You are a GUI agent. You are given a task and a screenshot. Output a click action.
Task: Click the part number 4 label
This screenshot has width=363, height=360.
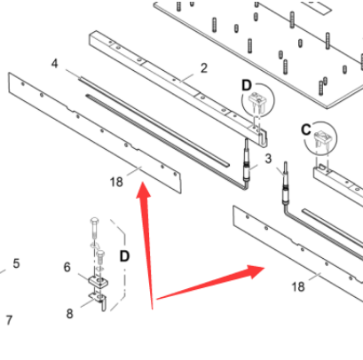coord(55,64)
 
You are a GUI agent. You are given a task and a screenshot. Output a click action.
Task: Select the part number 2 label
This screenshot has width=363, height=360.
coord(204,68)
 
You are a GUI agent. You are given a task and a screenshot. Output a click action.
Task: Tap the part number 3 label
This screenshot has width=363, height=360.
coord(268,159)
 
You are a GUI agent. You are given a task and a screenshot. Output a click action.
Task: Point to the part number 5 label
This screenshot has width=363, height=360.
coord(16,263)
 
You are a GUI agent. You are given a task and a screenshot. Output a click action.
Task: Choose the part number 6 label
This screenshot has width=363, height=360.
coord(67,267)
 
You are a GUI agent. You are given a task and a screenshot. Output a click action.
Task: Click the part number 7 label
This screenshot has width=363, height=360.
coord(9,320)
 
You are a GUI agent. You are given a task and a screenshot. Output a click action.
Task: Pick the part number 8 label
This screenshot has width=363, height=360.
coord(69,314)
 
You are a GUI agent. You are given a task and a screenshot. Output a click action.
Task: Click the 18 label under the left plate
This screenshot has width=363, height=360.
coord(116,182)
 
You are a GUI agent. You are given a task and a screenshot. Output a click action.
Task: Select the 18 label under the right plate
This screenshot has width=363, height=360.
coord(298,286)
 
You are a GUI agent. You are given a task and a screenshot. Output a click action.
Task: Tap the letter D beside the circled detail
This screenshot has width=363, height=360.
coord(247,86)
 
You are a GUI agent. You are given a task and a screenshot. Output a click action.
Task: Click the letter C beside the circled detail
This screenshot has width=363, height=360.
coord(306,129)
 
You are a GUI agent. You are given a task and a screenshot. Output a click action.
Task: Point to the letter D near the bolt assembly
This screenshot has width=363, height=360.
coord(124,256)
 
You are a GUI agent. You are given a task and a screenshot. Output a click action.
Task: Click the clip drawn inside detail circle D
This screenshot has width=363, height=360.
coord(258,101)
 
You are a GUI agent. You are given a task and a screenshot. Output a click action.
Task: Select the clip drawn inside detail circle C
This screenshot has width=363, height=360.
coord(322,139)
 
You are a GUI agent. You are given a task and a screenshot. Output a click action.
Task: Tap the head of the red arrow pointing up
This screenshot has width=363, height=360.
coord(144,191)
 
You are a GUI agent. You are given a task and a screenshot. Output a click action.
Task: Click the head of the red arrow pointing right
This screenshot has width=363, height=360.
coord(256,271)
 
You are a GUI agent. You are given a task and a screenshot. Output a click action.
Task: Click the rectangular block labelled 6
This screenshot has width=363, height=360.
coord(98,281)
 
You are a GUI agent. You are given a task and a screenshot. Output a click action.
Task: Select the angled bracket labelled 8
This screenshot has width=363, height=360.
coord(99,300)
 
